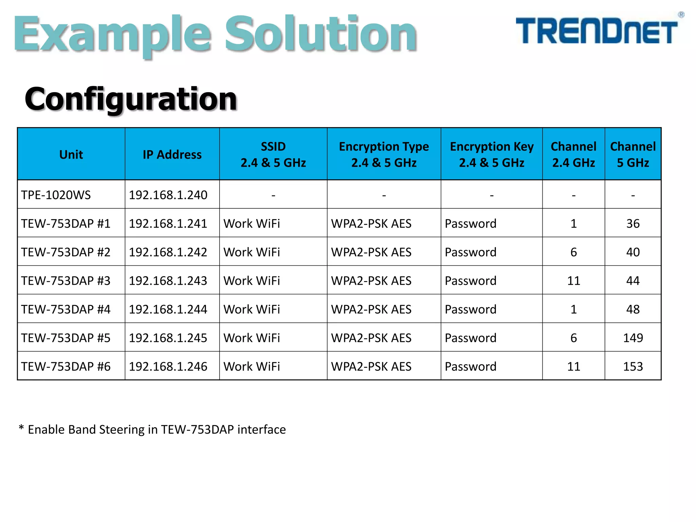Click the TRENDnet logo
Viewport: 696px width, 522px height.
(x=597, y=31)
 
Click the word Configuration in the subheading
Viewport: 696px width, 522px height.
(x=131, y=99)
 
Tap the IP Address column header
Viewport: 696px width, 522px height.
(x=172, y=155)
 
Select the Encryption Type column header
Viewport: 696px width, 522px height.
(x=384, y=155)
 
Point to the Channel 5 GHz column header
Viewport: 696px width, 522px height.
(x=633, y=155)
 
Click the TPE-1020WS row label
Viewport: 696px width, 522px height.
(x=56, y=195)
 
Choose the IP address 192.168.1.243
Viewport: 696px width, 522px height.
(x=168, y=281)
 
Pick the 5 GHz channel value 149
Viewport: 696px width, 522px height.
(x=633, y=338)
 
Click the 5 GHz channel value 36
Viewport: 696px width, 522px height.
(x=633, y=224)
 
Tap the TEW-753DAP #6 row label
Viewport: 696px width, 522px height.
(x=66, y=366)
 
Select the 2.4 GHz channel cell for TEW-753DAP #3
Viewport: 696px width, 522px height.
(x=573, y=281)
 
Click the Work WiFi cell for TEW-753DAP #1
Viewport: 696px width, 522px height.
(x=252, y=224)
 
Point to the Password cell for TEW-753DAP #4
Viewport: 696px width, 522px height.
(x=471, y=309)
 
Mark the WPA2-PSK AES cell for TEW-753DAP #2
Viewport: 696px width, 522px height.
(x=371, y=252)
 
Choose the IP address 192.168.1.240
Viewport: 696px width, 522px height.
(x=168, y=195)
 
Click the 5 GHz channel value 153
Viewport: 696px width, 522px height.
(x=633, y=366)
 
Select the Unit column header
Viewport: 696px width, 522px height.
(x=71, y=155)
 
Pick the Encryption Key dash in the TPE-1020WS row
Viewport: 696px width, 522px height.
(x=491, y=195)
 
